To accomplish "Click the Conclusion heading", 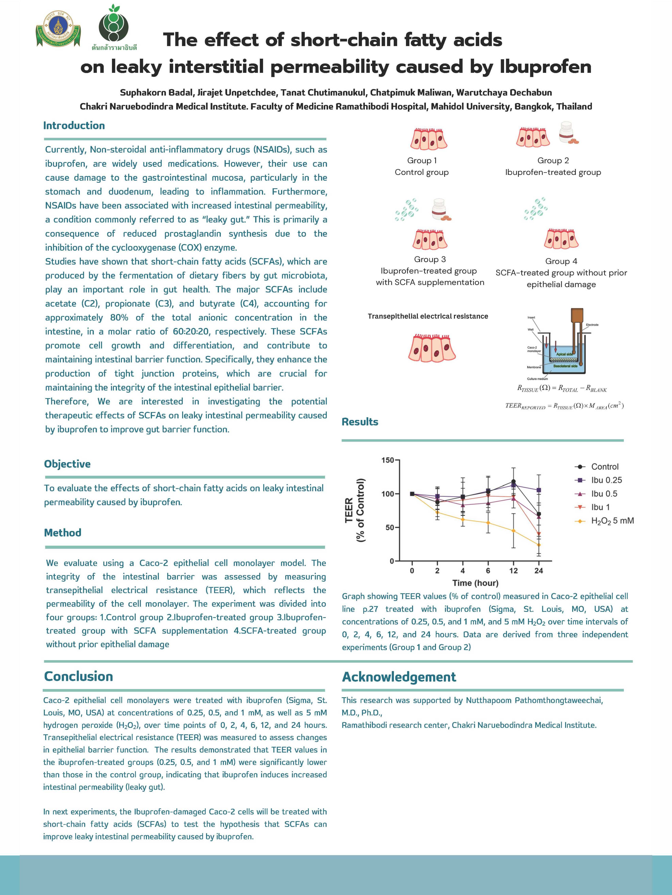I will coord(78,677).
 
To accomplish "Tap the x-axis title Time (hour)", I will coord(475,583).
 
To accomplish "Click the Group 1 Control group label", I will coord(422,166).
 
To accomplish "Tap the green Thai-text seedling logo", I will coord(114,28).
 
